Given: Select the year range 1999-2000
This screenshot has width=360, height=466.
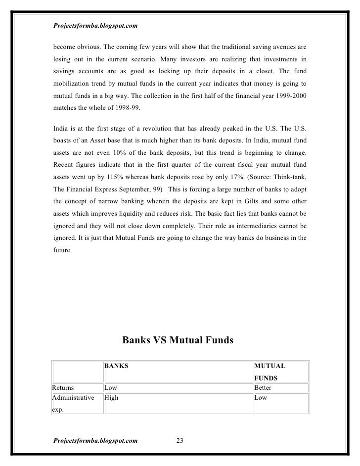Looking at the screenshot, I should click(x=290, y=96).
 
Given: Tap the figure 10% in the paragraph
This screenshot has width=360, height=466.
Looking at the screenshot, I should click(x=129, y=151).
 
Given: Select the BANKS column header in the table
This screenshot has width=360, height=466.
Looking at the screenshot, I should click(x=116, y=367).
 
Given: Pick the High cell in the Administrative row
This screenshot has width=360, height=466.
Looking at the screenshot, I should click(x=111, y=397).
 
